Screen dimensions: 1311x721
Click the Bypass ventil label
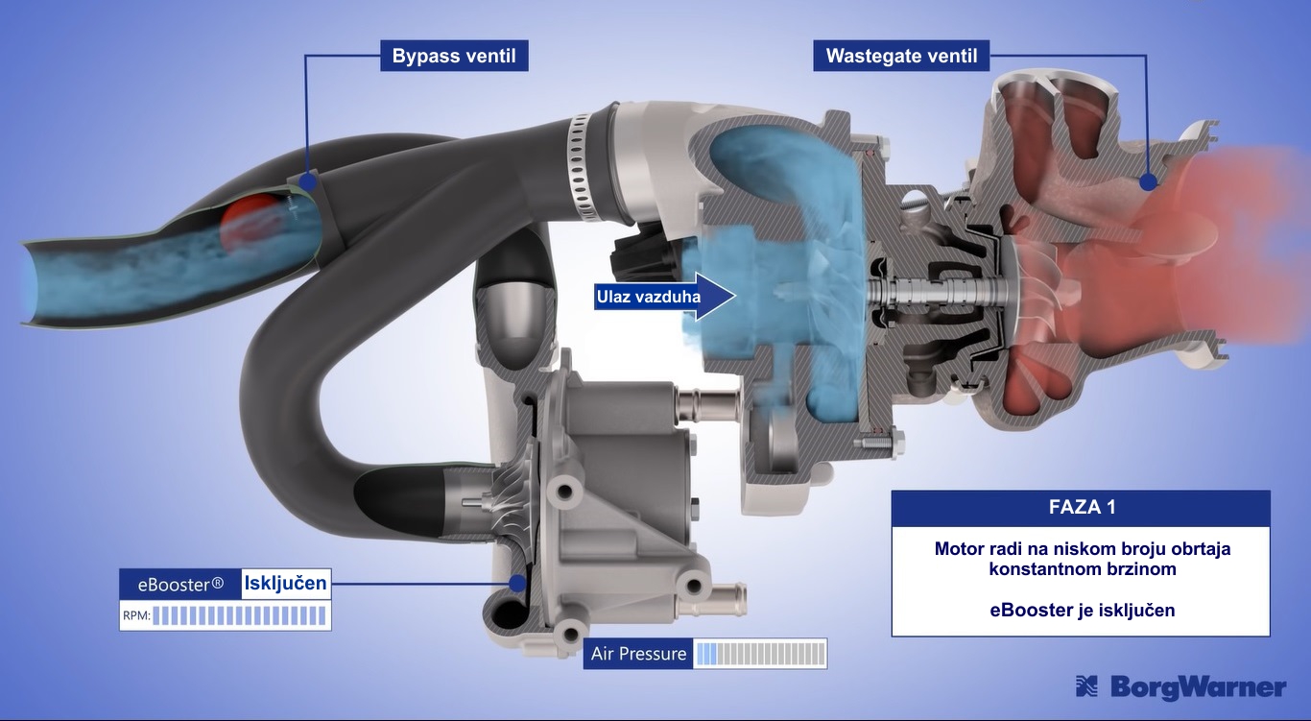point(454,56)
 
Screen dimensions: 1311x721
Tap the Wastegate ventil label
point(901,56)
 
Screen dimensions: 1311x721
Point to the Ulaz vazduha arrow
point(665,296)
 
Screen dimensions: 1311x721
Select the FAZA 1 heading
point(1082,507)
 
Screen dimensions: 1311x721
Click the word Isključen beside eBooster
point(286,584)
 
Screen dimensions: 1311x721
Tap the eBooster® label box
point(180,584)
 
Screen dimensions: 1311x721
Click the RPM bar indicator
point(239,615)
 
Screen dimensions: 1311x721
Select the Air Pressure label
point(638,654)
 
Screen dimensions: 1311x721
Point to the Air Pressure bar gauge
point(760,654)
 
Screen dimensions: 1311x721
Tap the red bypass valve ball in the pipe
point(250,223)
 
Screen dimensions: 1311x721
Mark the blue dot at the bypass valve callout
point(308,181)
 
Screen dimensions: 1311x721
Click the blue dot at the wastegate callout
point(1148,181)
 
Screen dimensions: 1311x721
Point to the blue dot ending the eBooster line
point(517,584)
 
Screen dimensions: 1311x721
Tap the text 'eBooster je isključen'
point(1083,610)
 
